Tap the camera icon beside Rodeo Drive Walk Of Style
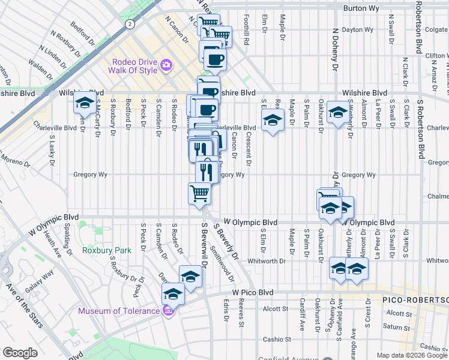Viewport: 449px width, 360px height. (167, 65)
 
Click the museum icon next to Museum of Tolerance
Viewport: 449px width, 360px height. (167, 311)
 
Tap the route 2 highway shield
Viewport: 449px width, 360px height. (129, 23)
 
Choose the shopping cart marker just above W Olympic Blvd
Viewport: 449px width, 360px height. (199, 193)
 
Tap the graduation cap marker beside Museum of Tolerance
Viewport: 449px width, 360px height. (173, 294)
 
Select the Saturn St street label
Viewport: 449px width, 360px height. (397, 327)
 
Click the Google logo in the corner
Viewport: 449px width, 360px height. (20, 353)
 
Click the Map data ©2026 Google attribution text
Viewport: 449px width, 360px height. (411, 355)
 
